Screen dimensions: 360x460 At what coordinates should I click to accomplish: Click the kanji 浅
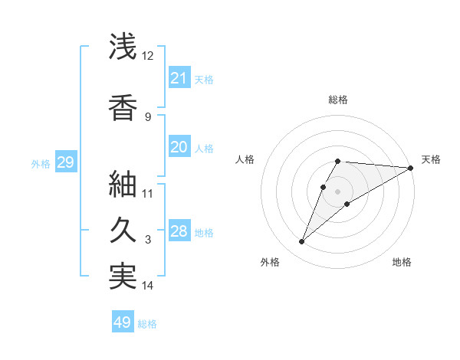123,47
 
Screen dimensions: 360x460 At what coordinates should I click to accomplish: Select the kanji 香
123,108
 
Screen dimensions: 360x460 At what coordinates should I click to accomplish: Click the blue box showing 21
179,78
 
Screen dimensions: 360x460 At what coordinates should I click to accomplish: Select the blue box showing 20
179,147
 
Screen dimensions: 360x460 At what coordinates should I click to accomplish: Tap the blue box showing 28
179,231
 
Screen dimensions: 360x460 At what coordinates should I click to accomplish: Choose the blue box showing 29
65,162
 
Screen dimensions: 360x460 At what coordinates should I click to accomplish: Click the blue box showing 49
123,322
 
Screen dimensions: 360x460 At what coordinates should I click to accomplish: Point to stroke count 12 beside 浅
148,56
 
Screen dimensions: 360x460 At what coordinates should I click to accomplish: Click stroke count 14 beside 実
148,286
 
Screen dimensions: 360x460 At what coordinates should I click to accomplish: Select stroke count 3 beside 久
148,240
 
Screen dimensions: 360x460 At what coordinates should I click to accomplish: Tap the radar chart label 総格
338,100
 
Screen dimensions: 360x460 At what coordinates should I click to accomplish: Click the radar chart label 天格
431,159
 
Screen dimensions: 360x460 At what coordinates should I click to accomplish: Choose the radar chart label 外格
270,263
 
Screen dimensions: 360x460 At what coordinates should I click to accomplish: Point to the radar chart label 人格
245,159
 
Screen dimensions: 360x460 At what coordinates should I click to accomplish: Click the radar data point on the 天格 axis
411,168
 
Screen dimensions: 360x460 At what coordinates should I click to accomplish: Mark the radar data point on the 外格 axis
301,242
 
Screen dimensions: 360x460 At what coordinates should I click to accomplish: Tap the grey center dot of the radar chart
338,191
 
